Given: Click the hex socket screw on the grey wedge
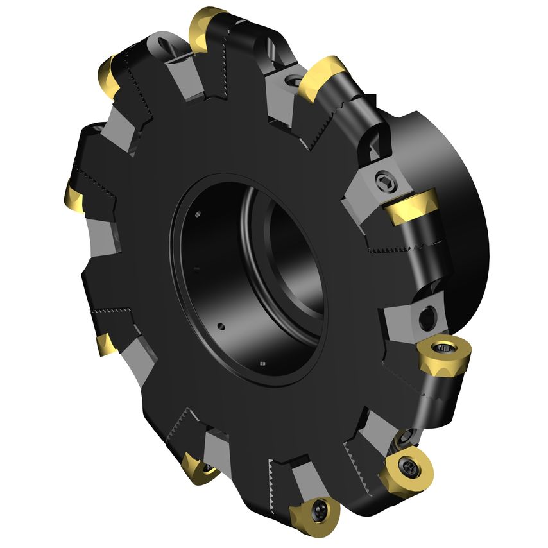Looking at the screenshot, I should tap(384, 180).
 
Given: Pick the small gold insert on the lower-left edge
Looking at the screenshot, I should tap(107, 345).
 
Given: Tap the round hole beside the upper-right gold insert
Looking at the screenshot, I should tap(295, 81).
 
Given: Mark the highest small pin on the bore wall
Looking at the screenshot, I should tap(199, 214).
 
